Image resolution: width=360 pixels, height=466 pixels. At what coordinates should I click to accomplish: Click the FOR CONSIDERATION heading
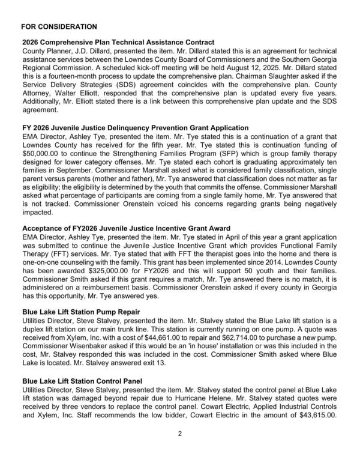click(x=59, y=27)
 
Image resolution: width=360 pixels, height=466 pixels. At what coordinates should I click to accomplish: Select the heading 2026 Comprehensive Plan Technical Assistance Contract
click(x=118, y=42)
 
